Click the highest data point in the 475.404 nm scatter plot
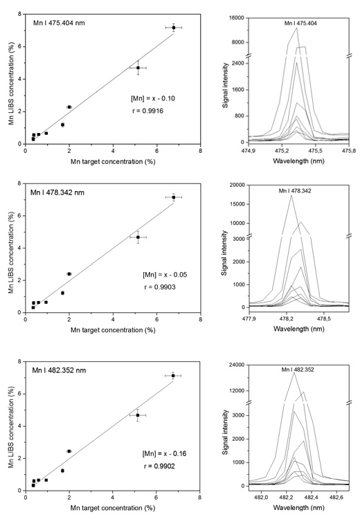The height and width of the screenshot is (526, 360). [x=174, y=27]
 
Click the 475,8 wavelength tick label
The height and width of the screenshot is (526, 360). [x=348, y=149]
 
